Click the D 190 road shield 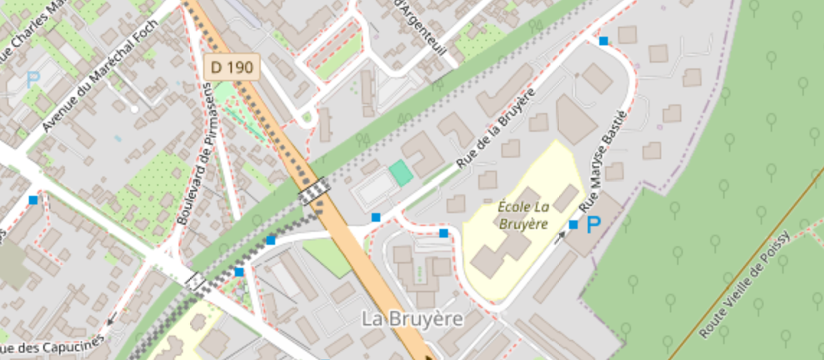pyautogui.click(x=231, y=68)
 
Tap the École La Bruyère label pyautogui.click(x=524, y=215)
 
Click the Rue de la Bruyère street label pyautogui.click(x=498, y=129)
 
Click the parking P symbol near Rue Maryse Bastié pyautogui.click(x=593, y=225)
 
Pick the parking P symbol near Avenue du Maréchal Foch pyautogui.click(x=32, y=79)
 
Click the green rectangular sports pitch pyautogui.click(x=401, y=174)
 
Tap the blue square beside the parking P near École pyautogui.click(x=573, y=225)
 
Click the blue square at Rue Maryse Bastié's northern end pyautogui.click(x=604, y=41)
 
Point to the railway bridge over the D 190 pyautogui.click(x=315, y=191)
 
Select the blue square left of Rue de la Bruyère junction pyautogui.click(x=375, y=217)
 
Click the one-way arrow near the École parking pyautogui.click(x=560, y=237)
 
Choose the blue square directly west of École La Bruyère pyautogui.click(x=444, y=233)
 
